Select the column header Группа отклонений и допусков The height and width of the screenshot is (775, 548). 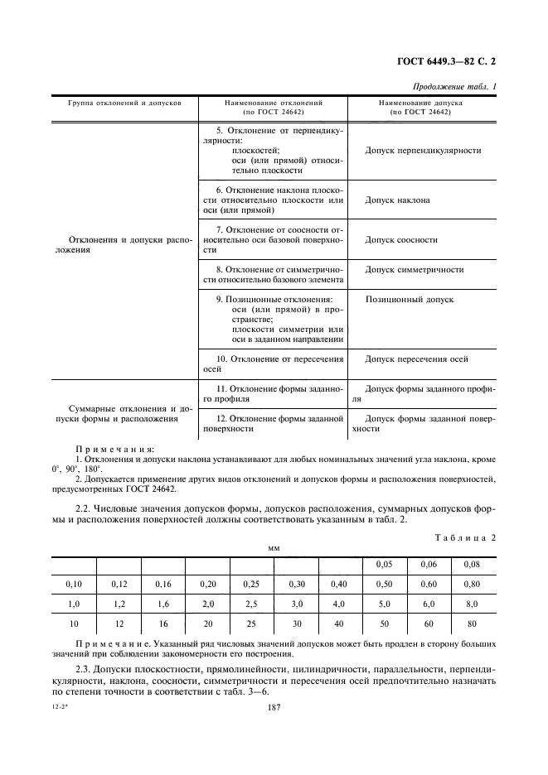pyautogui.click(x=124, y=103)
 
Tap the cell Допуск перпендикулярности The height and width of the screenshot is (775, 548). pyautogui.click(x=423, y=151)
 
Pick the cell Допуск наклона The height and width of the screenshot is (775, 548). pyautogui.click(x=397, y=200)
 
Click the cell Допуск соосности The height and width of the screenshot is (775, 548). pyautogui.click(x=401, y=240)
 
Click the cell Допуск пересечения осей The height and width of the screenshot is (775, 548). pyautogui.click(x=416, y=359)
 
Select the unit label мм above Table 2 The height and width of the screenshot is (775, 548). pyautogui.click(x=273, y=548)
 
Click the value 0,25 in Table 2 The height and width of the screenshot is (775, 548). pyautogui.click(x=251, y=584)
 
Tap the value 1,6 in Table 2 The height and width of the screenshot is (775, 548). pyautogui.click(x=162, y=604)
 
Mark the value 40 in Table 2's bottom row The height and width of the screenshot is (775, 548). pyautogui.click(x=340, y=624)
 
